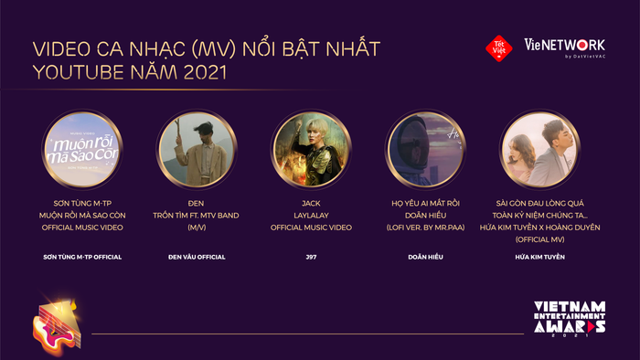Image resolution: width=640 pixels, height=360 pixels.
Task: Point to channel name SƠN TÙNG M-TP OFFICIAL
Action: click(x=82, y=257)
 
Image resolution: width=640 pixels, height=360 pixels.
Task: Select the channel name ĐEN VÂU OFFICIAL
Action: click(x=197, y=257)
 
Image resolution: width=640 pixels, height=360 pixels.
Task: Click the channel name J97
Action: click(x=312, y=257)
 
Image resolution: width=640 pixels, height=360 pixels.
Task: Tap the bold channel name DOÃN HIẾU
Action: click(x=426, y=257)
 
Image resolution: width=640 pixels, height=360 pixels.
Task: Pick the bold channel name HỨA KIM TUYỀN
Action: click(x=540, y=257)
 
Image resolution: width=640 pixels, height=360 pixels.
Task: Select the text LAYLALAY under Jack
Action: click(x=312, y=214)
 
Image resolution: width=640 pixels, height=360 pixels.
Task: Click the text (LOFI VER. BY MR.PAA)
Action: click(x=426, y=227)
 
